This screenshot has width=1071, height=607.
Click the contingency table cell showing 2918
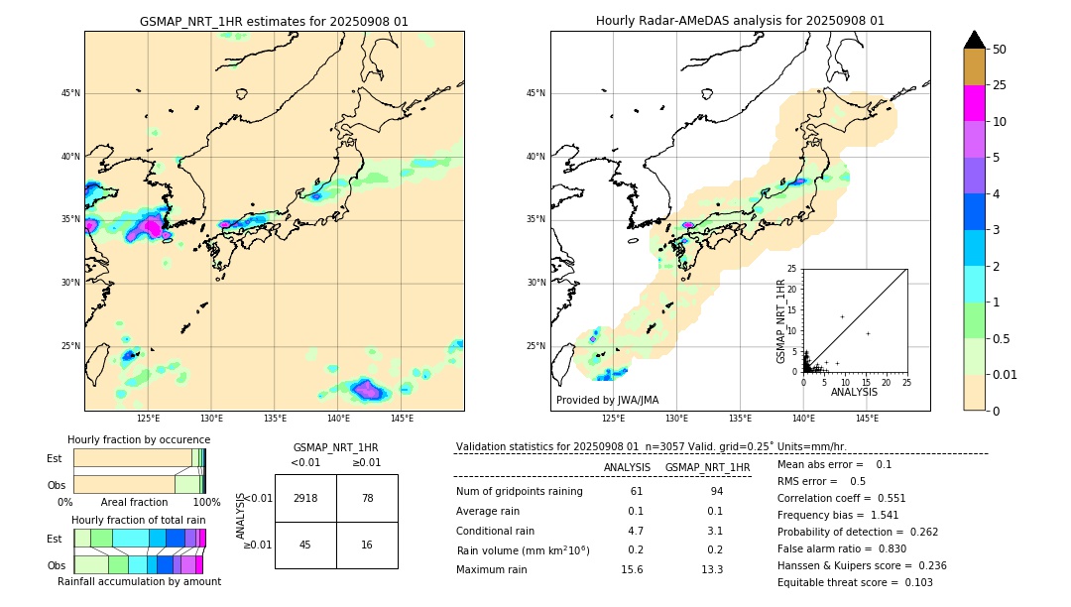305,498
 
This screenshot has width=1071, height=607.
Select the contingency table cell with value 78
367,498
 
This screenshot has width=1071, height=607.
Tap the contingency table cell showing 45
305,545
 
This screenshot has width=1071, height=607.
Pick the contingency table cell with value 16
367,545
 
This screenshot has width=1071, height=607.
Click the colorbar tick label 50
1000,50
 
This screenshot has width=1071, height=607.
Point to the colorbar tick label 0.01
1006,374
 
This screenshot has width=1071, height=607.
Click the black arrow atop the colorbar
975,40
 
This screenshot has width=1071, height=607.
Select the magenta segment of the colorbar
975,103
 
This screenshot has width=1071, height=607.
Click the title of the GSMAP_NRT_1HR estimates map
274,21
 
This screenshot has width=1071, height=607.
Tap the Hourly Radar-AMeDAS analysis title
740,21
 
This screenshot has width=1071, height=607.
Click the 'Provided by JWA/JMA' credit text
607,400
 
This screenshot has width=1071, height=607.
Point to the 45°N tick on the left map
70,93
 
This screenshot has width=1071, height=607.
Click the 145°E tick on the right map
867,419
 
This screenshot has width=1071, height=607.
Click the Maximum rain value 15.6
632,569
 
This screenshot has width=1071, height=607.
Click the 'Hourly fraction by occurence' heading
139,439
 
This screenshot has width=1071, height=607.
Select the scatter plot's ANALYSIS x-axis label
854,392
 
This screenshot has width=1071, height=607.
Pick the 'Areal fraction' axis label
134,502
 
